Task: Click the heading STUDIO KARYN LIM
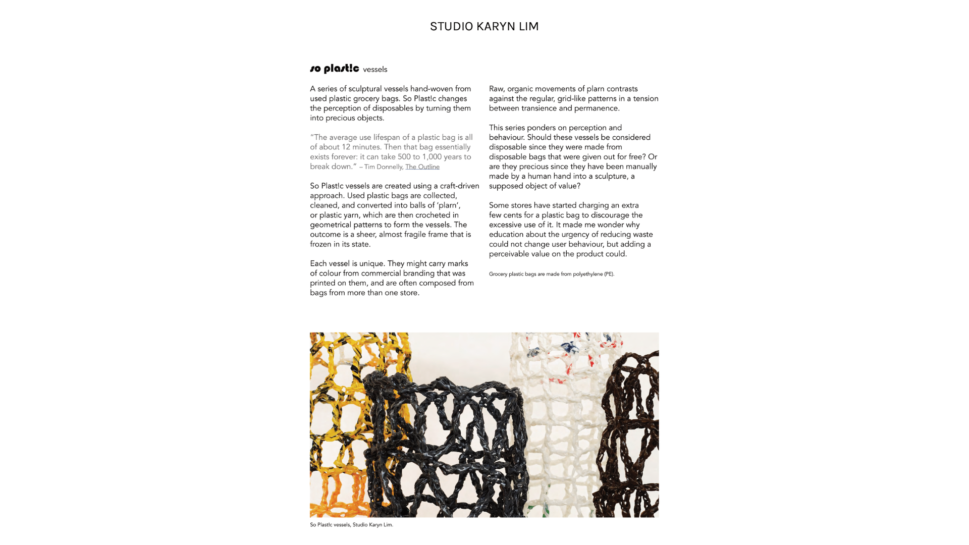tap(484, 26)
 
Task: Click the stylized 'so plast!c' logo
tap(334, 68)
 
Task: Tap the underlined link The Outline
tap(422, 167)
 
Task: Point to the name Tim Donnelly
tap(383, 167)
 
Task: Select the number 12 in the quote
tap(346, 147)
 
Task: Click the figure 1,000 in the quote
tap(432, 156)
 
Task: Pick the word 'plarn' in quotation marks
tap(448, 205)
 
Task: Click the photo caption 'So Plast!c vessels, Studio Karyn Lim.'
tap(351, 525)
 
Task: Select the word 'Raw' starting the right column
tap(496, 89)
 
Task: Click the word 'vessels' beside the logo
tap(375, 70)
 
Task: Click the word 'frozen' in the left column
tap(320, 244)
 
